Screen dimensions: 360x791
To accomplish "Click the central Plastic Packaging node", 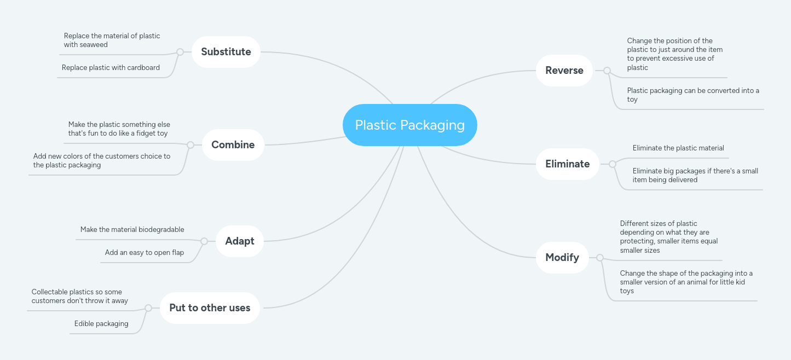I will pos(409,125).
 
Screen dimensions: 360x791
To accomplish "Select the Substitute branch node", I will pos(226,52).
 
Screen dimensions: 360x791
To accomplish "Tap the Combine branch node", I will pos(233,145).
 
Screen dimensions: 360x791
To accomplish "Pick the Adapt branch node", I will pos(239,241).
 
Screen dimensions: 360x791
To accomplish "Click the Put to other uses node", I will pos(210,308).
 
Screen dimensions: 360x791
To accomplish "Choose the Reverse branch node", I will pos(564,71).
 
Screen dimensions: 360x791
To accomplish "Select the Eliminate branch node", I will pos(567,164).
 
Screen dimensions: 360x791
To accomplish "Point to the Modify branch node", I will pos(562,257).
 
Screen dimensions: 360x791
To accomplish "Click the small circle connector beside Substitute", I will pos(180,53).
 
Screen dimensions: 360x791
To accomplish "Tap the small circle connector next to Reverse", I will pos(607,71).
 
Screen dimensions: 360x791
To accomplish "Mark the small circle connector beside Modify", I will pos(600,258).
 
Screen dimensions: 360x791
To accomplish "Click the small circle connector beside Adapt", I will pos(204,241).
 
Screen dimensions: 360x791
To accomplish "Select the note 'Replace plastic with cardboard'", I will pos(111,68).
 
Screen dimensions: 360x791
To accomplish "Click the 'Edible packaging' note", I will pos(101,324).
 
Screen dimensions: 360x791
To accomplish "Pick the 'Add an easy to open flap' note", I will pos(145,253).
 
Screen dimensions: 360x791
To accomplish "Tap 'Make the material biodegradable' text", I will pos(132,230).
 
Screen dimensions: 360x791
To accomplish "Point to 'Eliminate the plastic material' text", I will pos(678,148).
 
